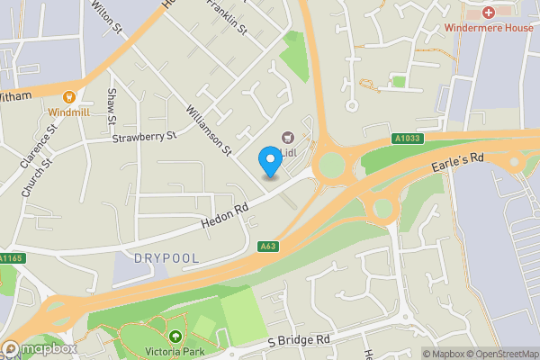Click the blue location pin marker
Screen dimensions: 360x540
click(269, 160)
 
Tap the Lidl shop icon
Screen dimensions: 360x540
click(288, 138)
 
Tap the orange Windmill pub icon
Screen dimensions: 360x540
click(68, 96)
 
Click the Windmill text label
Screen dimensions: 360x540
click(68, 112)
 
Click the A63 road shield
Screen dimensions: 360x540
click(267, 247)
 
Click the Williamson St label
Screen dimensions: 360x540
click(208, 128)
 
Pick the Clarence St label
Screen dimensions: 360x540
click(39, 147)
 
